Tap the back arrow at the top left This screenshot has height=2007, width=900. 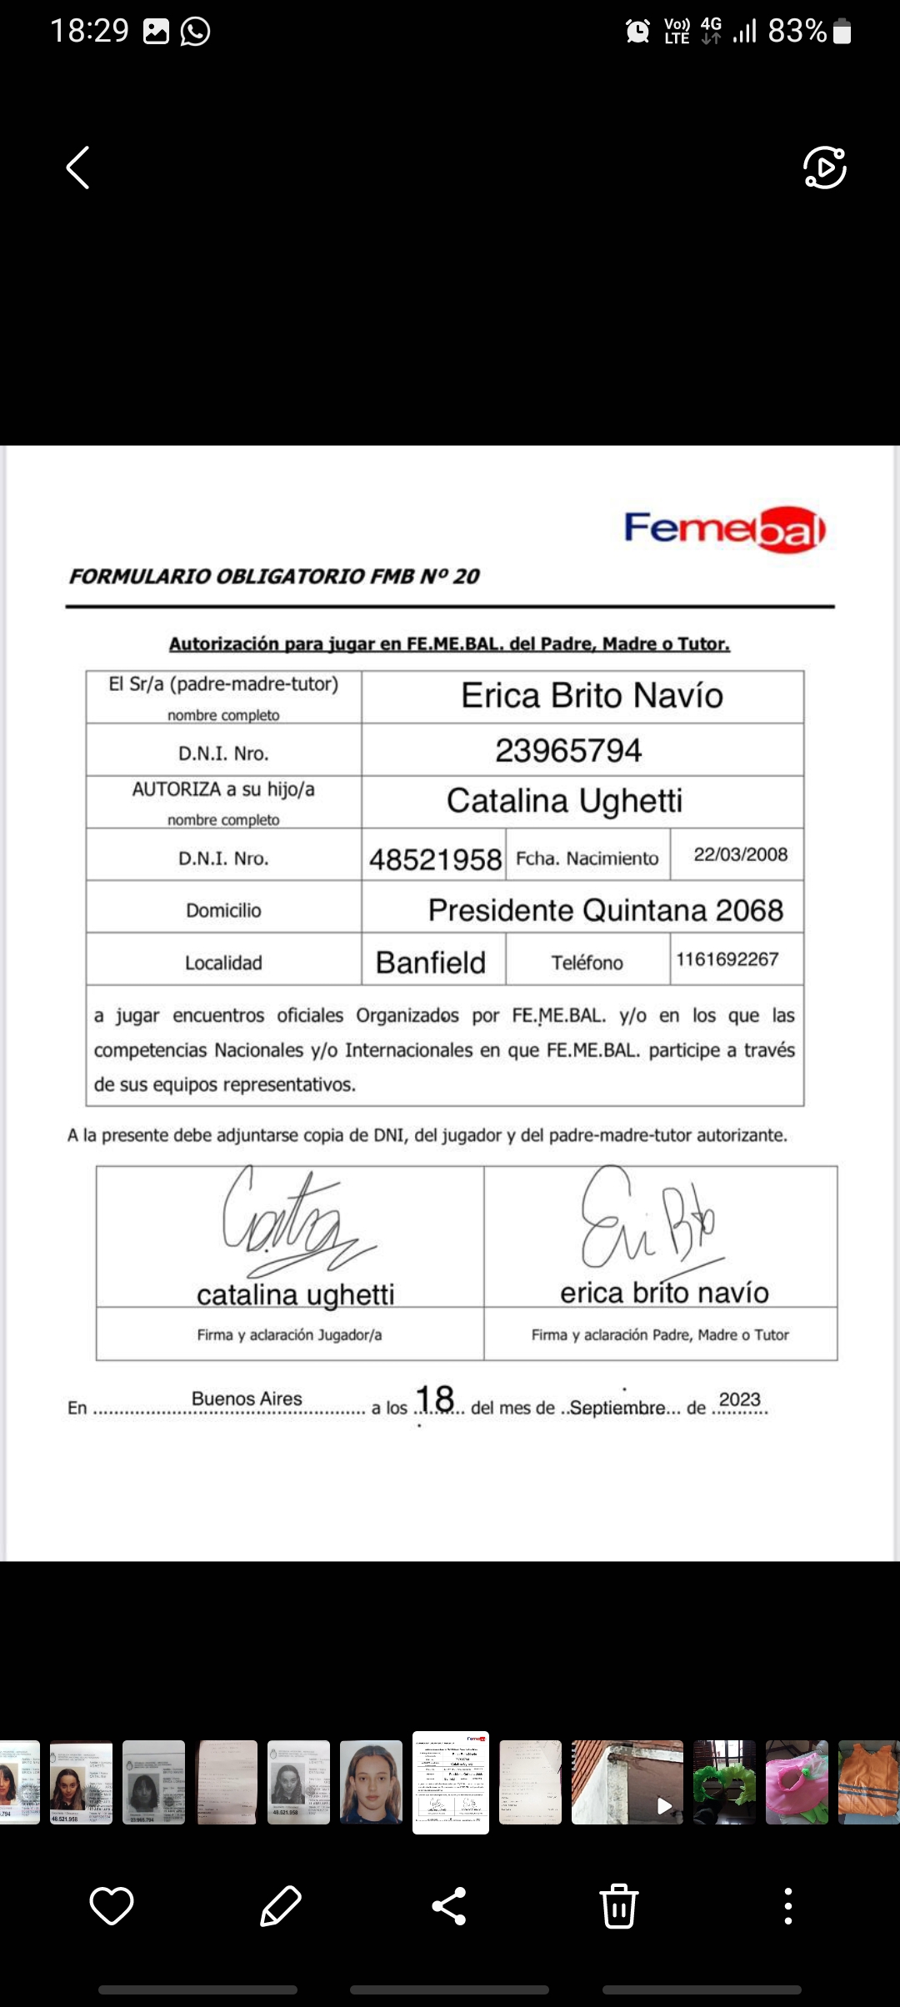coord(78,168)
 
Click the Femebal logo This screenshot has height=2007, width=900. coord(724,529)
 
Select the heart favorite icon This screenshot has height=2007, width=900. coord(112,1905)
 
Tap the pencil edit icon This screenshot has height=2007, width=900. coord(281,1905)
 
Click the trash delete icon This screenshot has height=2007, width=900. coord(619,1905)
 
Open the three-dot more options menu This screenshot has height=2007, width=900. coord(787,1905)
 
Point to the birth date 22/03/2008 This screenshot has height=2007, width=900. coord(740,854)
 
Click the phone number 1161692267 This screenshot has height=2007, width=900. coord(727,959)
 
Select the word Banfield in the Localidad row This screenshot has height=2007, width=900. coord(431,963)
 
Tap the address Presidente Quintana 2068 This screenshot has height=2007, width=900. coord(605,910)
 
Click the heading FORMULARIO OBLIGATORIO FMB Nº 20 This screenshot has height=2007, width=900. coord(274,576)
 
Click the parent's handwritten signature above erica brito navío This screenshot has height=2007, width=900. coord(650,1221)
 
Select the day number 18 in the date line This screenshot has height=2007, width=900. coord(434,1399)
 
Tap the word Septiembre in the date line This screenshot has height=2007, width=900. coord(617,1408)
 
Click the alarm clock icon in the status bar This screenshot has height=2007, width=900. coord(637,32)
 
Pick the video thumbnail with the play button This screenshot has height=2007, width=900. coord(627,1782)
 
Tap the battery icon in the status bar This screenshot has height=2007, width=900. coord(842,32)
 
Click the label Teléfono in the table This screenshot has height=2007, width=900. coord(587,963)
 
